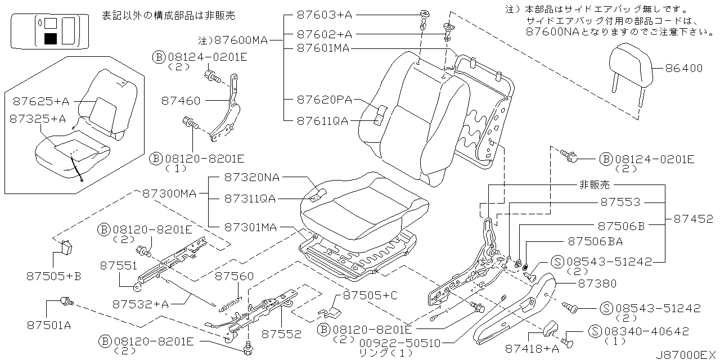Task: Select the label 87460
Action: [x=181, y=101]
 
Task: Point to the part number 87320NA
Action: [x=251, y=178]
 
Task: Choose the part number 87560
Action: [x=235, y=276]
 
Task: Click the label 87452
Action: [x=690, y=218]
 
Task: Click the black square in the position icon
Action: [x=50, y=38]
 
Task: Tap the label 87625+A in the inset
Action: [x=40, y=101]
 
